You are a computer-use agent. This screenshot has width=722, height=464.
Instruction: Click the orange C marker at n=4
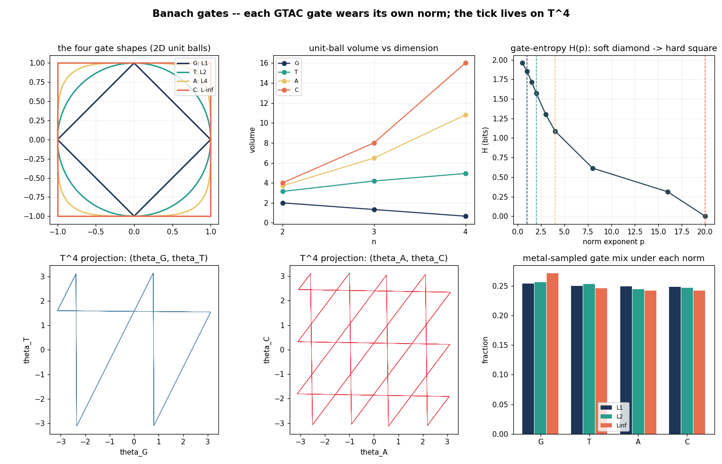coord(466,63)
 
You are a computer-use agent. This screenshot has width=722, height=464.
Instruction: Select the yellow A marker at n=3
coord(374,158)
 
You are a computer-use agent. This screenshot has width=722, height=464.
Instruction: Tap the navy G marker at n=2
coord(283,203)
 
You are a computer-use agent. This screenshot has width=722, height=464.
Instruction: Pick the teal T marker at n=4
coord(466,174)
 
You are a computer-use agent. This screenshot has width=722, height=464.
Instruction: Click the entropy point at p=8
coord(593,169)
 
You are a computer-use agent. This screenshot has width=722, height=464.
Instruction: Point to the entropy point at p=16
coord(668,192)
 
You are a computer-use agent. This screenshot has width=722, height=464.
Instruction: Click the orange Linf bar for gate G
coord(552,353)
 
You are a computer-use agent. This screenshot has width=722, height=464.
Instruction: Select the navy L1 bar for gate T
coord(577,360)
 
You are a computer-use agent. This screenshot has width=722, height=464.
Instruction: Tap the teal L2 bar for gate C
coord(687,361)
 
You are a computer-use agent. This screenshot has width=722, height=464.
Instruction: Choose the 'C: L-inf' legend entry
coord(196,90)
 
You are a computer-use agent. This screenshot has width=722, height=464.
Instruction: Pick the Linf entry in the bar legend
coord(614,426)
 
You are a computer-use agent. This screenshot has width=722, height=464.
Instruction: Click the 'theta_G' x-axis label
coord(134,452)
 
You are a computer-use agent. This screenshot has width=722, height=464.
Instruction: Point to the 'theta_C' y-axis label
coord(267,350)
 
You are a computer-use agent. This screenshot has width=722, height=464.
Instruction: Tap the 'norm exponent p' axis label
coord(613,242)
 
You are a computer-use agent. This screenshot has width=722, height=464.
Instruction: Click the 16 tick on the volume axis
coord(264,63)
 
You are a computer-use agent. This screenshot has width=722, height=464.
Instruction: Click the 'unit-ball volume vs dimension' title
coord(374,48)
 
